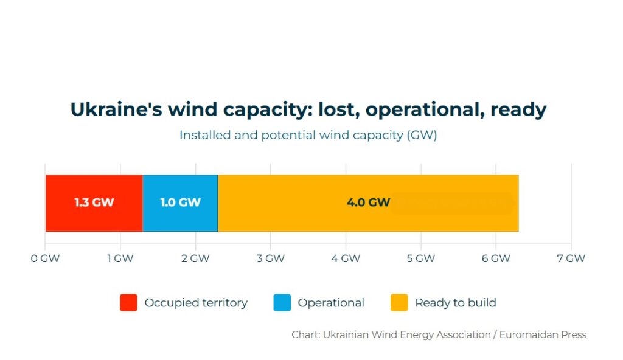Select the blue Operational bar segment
click(180, 218)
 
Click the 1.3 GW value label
click(94, 202)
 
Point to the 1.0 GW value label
click(180, 202)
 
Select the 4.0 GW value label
click(368, 202)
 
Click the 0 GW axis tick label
click(45, 258)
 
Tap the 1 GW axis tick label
click(120, 258)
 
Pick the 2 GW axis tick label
click(195, 258)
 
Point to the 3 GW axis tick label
click(270, 258)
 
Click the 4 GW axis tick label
click(346, 258)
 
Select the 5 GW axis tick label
click(420, 258)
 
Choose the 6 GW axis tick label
click(496, 258)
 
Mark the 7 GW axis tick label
click(571, 258)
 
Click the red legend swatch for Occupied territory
click(128, 303)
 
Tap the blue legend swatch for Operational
click(282, 303)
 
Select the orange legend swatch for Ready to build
click(399, 303)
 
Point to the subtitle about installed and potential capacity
click(308, 135)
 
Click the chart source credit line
click(439, 334)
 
